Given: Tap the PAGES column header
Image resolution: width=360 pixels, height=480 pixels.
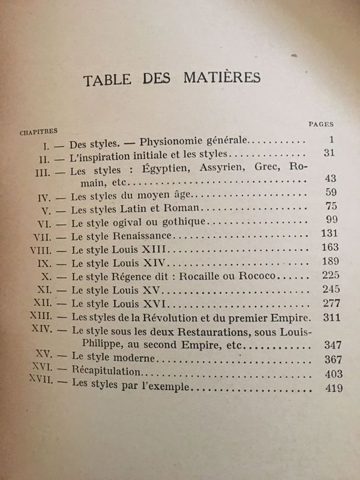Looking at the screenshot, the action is point(320,124).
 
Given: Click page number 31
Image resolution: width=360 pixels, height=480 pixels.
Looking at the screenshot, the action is point(326,152).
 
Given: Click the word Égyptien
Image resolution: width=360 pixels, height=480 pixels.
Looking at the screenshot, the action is point(150,169).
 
